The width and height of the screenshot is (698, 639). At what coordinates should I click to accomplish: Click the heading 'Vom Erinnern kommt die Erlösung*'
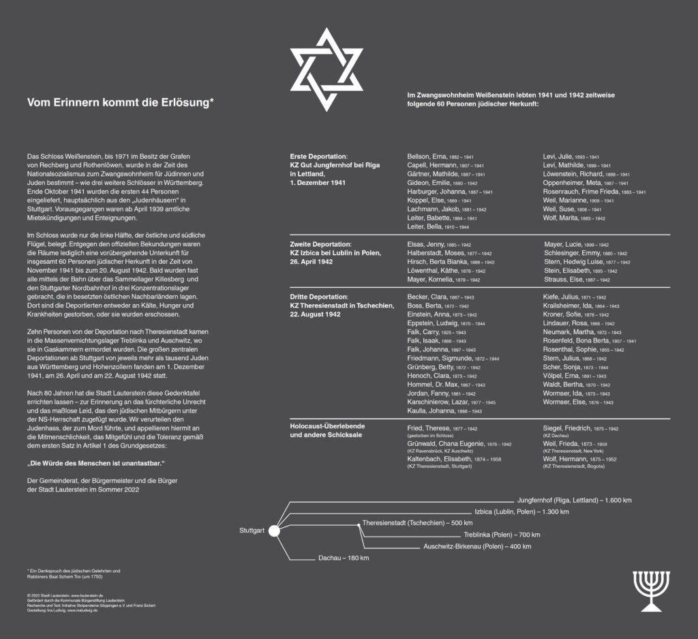click(121, 102)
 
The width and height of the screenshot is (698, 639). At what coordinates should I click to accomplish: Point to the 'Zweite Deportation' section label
click(320, 244)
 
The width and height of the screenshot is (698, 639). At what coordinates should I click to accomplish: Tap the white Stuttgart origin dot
click(273, 531)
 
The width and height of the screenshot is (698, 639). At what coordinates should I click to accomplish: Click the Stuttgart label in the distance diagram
click(252, 531)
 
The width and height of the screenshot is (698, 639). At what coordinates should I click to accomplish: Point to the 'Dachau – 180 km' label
click(344, 559)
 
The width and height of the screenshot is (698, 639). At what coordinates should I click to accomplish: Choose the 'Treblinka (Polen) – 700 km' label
click(501, 535)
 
